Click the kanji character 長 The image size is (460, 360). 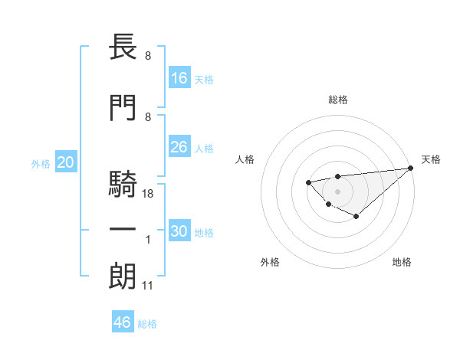pyautogui.click(x=123, y=48)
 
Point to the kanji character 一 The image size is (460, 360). pyautogui.click(x=123, y=230)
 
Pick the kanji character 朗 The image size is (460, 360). pyautogui.click(x=123, y=277)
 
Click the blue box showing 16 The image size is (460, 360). pyautogui.click(x=179, y=77)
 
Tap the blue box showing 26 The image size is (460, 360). pyautogui.click(x=179, y=147)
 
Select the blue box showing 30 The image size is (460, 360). pyautogui.click(x=179, y=231)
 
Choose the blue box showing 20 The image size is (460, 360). pyautogui.click(x=66, y=162)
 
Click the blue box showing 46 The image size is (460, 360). pyautogui.click(x=123, y=322)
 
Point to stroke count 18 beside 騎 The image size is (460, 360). pyautogui.click(x=149, y=195)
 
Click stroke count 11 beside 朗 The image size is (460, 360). pyautogui.click(x=148, y=286)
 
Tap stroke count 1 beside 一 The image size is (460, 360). pyautogui.click(x=149, y=241)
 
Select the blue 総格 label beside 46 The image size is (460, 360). pyautogui.click(x=147, y=324)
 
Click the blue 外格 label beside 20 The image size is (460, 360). pyautogui.click(x=40, y=163)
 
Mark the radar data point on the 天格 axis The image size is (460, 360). pyautogui.click(x=411, y=169)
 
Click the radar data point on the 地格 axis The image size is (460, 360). pyautogui.click(x=356, y=217)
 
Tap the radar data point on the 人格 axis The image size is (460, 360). pyautogui.click(x=308, y=182)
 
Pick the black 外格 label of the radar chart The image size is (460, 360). pyautogui.click(x=270, y=262)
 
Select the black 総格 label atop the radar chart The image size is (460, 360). pyautogui.click(x=337, y=100)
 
